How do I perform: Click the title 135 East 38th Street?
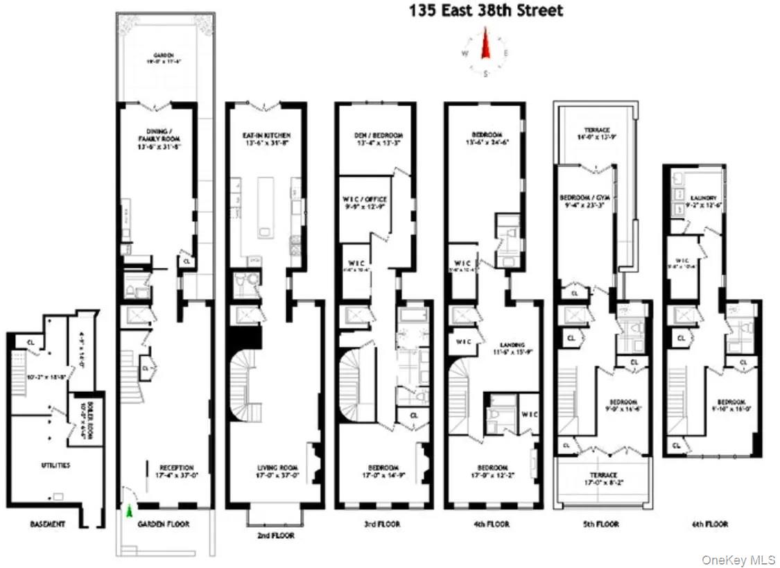coord(485,10)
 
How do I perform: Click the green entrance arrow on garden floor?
coord(128,512)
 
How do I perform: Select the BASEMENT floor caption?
coord(48,524)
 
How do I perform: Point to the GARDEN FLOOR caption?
coord(163,524)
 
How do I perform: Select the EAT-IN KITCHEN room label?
coord(267,135)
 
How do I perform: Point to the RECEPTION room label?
coord(176,467)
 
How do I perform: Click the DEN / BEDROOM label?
coord(379,135)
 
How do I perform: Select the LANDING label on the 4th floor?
coord(514,345)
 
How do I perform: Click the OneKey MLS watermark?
coord(738,560)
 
